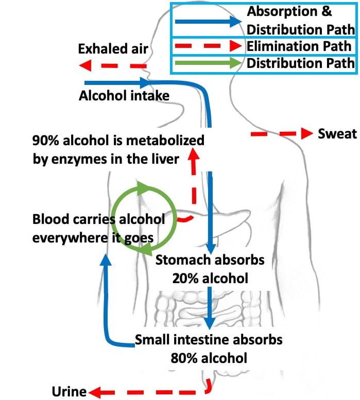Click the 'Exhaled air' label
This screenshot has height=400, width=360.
113,49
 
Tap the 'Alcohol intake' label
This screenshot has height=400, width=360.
124,95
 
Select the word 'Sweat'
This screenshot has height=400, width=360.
337,134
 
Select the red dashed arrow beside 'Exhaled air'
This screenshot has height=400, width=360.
113,66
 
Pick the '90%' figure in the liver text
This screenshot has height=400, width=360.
45,141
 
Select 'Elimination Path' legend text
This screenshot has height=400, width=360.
300,46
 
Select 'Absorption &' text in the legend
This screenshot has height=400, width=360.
289,11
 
